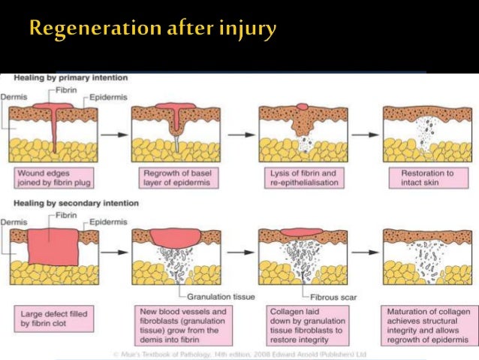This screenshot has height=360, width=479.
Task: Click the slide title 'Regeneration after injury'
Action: pos(153,30)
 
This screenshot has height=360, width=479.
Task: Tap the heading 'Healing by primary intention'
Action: pos(64,77)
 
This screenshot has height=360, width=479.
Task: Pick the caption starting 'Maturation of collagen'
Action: pos(426,322)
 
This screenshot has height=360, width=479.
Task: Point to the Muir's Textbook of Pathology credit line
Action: pos(239,352)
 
